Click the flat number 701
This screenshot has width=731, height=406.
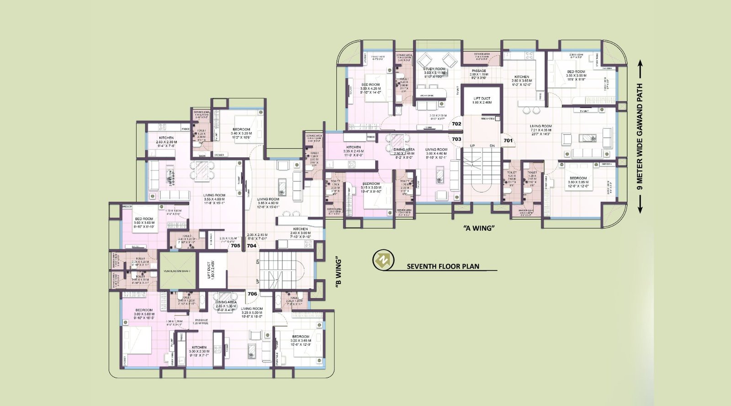pos(508,141)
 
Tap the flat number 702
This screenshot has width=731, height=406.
pos(456,124)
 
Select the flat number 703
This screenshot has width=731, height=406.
pos(456,139)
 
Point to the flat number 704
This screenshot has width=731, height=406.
pos(251,246)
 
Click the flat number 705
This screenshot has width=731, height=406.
pos(235,246)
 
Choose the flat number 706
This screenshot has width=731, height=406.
pos(252,294)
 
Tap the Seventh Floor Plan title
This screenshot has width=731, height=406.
pos(443,266)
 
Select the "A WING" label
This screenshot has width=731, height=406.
pos(478,228)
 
